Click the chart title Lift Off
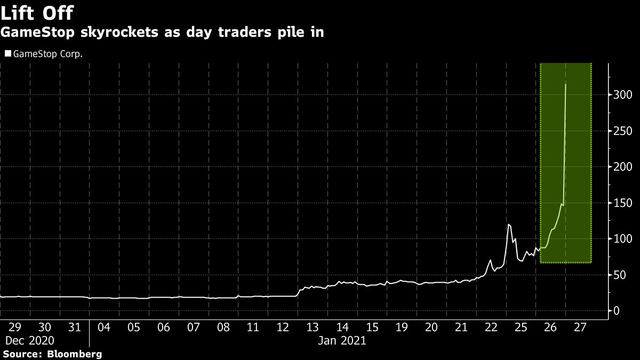37,12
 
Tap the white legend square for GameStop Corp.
7,53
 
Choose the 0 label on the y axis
616,311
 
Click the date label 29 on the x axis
15,327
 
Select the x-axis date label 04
104,327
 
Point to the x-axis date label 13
312,327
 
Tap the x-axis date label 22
491,327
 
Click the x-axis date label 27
580,327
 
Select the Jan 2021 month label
342,340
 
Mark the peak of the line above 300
565,84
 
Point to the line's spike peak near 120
508,224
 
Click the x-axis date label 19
402,327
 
